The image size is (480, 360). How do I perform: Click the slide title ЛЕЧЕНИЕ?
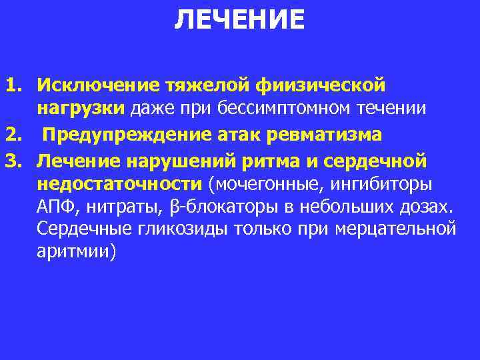tap(239, 20)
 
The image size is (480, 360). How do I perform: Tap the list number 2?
tap(15, 135)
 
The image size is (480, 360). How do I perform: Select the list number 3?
tap(15, 159)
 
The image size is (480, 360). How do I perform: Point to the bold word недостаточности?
tap(119, 183)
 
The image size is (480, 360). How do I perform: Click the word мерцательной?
tap(398, 231)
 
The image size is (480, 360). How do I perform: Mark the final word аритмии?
tap(76, 254)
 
